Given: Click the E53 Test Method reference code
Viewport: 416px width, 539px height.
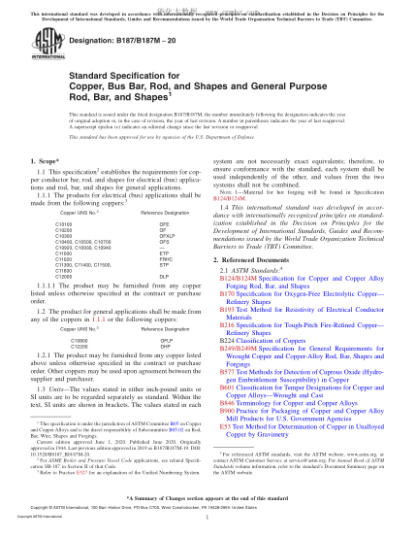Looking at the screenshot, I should click(x=226, y=398).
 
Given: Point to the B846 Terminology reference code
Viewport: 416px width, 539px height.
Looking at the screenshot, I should click(x=228, y=371).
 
